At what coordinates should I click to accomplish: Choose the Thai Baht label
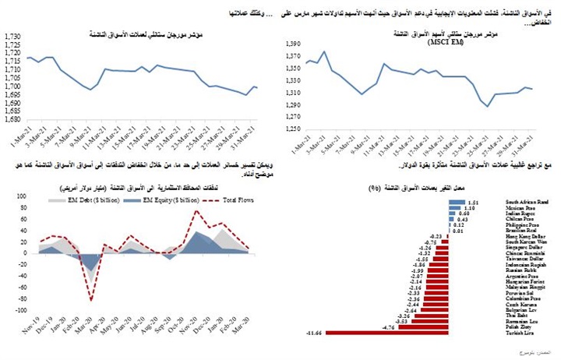(515, 314)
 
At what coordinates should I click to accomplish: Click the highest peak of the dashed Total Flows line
(197, 210)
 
